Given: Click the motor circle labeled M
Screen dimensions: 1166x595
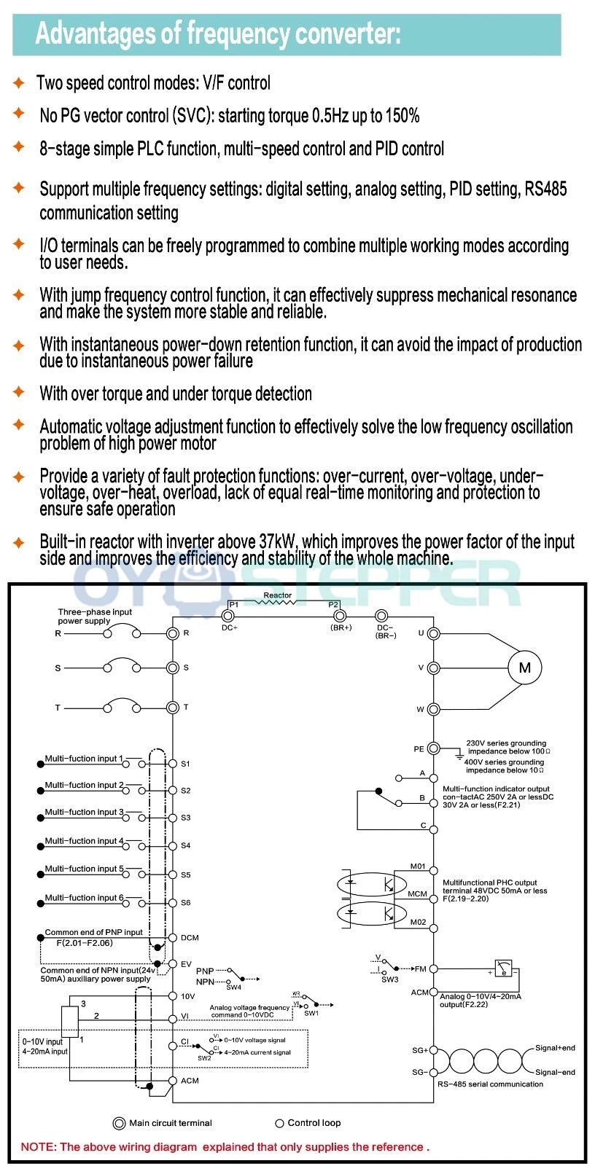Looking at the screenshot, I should pos(525,668).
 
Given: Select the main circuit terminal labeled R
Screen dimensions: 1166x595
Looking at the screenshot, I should pos(173,633).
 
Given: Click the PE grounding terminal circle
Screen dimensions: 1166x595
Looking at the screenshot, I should pos(433,748).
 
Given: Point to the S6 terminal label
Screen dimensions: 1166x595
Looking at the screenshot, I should pos(186,902).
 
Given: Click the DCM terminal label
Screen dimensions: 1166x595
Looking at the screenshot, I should pos(190,938).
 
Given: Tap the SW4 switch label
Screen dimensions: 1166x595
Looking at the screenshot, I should pos(233,987).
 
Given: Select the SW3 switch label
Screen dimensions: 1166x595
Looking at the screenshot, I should pos(390,979).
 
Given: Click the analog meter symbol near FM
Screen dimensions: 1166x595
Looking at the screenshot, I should pos(503,969).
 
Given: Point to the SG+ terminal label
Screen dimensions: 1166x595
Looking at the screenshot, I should pos(420,1050).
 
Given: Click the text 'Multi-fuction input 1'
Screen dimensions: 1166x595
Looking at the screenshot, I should pos(84,759).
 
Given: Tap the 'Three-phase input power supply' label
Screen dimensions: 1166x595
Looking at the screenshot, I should pos(95,617).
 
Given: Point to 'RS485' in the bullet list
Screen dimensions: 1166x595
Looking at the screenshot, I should pos(545,189).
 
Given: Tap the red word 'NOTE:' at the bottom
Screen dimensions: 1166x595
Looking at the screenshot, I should pos(38,1146).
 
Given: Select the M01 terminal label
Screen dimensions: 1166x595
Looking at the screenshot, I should pos(418,866).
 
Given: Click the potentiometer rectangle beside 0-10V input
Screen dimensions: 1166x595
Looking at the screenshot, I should pos(70,1021).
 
